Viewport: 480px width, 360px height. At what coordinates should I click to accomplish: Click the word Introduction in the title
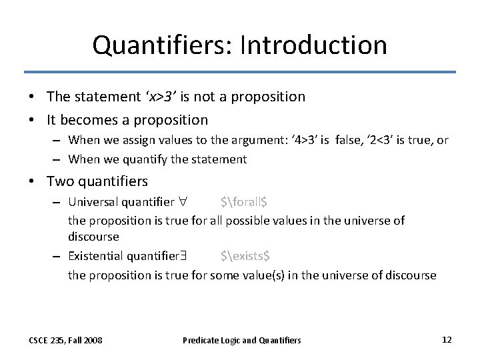[x=313, y=45]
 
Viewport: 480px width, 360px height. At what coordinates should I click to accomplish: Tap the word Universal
[x=92, y=201]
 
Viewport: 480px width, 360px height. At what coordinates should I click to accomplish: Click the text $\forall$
[x=244, y=202]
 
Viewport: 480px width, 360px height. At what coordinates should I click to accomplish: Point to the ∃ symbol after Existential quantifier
[x=183, y=256]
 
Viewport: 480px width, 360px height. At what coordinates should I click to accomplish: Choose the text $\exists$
[x=245, y=256]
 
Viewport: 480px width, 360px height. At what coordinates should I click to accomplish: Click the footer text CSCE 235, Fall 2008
[x=65, y=340]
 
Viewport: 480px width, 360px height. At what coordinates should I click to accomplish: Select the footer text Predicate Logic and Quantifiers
[x=241, y=340]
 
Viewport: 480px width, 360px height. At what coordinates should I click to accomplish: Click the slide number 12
[x=447, y=339]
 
